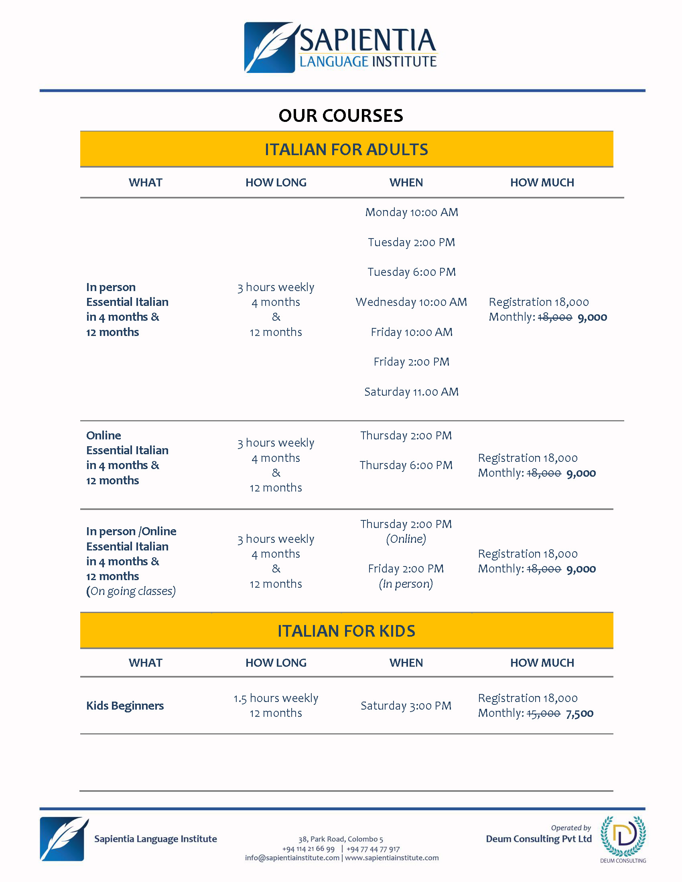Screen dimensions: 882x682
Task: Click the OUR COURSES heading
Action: pyautogui.click(x=341, y=115)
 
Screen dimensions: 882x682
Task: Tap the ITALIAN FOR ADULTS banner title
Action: pyautogui.click(x=346, y=150)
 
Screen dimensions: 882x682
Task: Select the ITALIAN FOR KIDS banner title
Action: pyautogui.click(x=346, y=631)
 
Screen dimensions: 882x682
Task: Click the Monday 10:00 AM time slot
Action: pyautogui.click(x=411, y=212)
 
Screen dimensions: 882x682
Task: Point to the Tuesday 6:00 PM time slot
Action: pyautogui.click(x=411, y=272)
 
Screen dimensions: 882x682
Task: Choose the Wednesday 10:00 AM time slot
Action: pyautogui.click(x=411, y=302)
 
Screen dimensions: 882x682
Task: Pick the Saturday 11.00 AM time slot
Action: pyautogui.click(x=411, y=392)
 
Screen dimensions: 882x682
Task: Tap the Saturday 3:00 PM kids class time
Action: pyautogui.click(x=406, y=706)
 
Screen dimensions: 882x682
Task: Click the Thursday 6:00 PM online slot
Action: pyautogui.click(x=406, y=465)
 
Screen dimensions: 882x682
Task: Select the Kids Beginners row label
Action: pyautogui.click(x=125, y=706)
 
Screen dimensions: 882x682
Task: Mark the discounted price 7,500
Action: pyautogui.click(x=579, y=714)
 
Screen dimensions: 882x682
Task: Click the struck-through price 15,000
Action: pyautogui.click(x=543, y=714)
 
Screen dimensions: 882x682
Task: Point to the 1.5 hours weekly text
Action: pyautogui.click(x=276, y=698)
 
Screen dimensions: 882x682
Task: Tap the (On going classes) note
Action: pyautogui.click(x=131, y=591)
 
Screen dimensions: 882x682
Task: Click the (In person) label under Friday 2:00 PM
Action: pyautogui.click(x=406, y=584)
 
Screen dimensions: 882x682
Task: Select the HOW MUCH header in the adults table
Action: pyautogui.click(x=542, y=182)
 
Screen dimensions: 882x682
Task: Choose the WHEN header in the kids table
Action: pyautogui.click(x=406, y=663)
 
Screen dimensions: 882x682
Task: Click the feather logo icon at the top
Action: pyautogui.click(x=270, y=48)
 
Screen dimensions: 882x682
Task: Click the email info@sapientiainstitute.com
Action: pyautogui.click(x=292, y=858)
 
